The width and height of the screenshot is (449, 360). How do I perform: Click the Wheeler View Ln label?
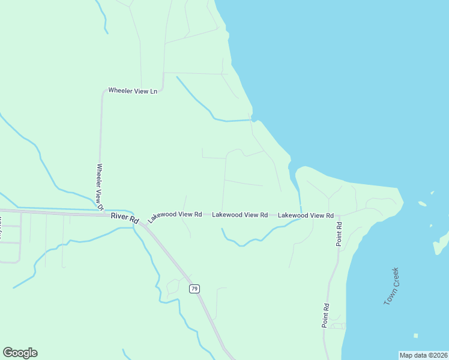click(x=132, y=91)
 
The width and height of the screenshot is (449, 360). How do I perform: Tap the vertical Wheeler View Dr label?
click(x=100, y=187)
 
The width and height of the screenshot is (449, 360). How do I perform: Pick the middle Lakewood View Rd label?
click(x=240, y=214)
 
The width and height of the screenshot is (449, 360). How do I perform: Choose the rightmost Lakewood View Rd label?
click(x=305, y=215)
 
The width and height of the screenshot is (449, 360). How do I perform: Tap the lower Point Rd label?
click(x=325, y=316)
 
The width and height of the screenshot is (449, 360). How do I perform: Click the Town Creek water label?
click(x=391, y=286)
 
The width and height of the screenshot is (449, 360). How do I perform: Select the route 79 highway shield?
click(x=194, y=289)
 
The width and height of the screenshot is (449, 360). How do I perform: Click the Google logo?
click(x=20, y=353)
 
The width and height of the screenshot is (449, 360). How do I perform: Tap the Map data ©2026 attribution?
click(x=423, y=355)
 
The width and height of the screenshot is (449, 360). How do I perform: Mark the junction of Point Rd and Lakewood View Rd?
click(x=339, y=215)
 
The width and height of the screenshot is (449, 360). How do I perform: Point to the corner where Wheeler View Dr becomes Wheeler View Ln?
click(x=103, y=93)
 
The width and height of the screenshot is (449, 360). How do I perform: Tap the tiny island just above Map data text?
click(x=415, y=335)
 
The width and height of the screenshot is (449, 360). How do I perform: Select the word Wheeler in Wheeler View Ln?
click(x=120, y=91)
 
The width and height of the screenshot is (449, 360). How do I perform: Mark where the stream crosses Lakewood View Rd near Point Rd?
click(x=300, y=215)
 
